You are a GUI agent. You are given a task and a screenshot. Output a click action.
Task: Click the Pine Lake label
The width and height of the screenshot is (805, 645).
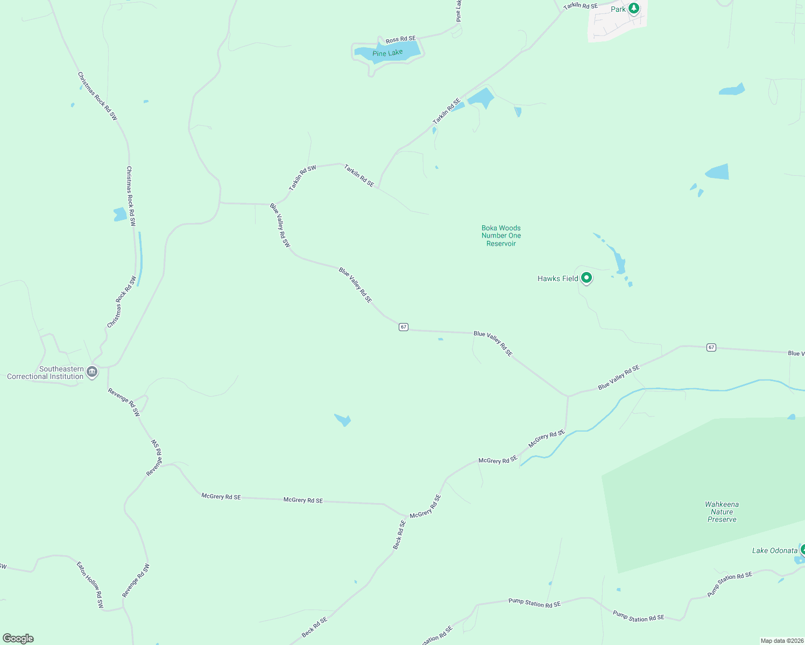tap(387, 53)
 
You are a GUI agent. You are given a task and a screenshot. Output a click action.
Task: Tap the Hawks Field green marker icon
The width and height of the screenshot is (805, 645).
tap(587, 278)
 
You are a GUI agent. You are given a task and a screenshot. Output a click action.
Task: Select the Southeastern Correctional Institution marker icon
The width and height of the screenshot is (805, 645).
tap(92, 371)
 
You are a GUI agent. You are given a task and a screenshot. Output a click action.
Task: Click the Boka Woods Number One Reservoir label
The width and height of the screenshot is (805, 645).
tap(501, 236)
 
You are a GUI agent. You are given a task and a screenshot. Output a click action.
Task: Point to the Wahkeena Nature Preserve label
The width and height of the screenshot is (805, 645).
tap(722, 512)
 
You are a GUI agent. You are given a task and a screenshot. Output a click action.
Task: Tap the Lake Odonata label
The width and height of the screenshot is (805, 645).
tap(774, 550)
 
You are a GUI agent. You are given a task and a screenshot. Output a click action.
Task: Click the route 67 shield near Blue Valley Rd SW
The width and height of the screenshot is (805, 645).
tap(404, 327)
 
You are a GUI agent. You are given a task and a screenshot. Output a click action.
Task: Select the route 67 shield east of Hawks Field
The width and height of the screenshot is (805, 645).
tap(711, 347)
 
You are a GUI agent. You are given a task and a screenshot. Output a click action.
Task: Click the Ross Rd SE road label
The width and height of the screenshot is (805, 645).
tap(400, 39)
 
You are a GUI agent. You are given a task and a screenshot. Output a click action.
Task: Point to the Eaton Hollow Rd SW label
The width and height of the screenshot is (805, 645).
tap(90, 585)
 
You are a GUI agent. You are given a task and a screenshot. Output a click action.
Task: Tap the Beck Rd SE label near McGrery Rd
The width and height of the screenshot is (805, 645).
tap(399, 535)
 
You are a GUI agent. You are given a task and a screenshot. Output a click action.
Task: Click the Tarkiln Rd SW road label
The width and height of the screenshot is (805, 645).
tap(302, 178)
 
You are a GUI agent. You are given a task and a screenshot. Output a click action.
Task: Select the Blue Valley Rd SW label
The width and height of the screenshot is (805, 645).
tap(280, 225)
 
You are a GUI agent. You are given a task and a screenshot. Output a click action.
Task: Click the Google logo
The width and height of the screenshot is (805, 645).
tap(18, 639)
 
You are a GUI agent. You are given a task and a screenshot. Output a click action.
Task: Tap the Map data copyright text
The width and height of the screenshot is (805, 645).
tap(781, 641)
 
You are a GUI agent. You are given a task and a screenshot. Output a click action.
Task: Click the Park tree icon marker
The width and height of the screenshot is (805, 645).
tap(634, 9)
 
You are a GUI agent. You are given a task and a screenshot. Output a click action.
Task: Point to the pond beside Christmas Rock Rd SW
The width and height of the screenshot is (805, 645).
tap(119, 214)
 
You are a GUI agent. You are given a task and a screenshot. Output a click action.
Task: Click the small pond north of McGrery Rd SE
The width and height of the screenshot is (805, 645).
tap(343, 419)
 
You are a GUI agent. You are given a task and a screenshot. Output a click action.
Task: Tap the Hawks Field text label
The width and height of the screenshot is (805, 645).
tap(557, 278)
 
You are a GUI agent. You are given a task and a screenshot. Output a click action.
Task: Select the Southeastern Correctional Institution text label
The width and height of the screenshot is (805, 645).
tap(46, 372)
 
